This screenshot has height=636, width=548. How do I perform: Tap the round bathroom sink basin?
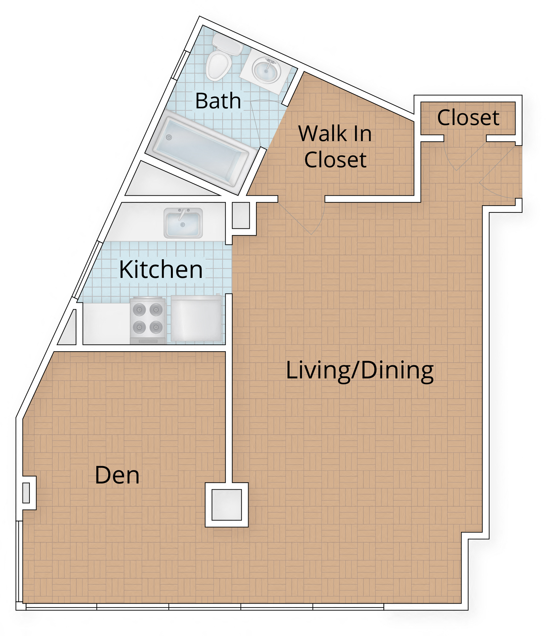coord(266,70)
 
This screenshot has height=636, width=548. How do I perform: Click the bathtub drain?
coord(169,137)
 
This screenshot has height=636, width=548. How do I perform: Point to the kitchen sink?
coord(183,223)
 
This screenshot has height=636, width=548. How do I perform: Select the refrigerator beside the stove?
coord(196,318)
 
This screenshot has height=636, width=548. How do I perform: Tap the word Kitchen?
coord(161,270)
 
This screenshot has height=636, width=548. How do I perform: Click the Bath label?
coord(218,101)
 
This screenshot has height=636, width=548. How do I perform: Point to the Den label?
coord(117,475)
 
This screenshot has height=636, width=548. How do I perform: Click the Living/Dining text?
coord(359,371)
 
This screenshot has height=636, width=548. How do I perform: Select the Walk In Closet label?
coord(335,147)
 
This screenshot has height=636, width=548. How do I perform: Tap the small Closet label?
coord(468,118)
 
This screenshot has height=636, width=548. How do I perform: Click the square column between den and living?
coord(227,504)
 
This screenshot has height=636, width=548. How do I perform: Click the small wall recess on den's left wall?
coord(27,493)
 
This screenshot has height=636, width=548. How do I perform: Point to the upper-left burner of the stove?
coord(139,309)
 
